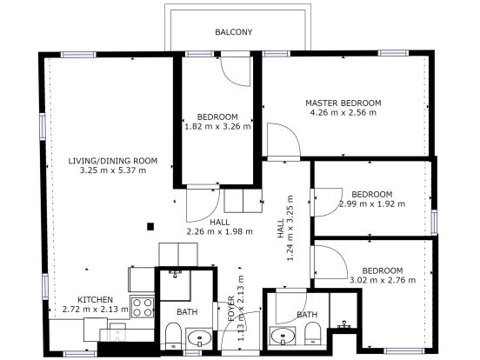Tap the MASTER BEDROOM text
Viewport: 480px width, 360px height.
coord(343,103)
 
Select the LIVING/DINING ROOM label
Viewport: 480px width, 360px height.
coord(113,160)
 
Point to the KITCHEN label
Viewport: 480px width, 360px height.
coord(95,298)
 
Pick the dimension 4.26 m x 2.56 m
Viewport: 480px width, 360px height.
coord(343,112)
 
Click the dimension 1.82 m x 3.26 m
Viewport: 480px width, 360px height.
coord(217,126)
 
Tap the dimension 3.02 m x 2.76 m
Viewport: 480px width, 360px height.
coord(382,279)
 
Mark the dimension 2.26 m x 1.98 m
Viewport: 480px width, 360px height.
coord(219,231)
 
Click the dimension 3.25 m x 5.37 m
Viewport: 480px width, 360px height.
coord(113,170)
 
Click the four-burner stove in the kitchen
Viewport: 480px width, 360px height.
coord(142,306)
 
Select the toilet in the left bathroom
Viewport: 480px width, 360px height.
coord(172,336)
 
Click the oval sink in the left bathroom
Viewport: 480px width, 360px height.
coord(200,337)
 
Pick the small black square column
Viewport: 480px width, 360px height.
coord(151,227)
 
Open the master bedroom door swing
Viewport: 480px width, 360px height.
coord(280,141)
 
